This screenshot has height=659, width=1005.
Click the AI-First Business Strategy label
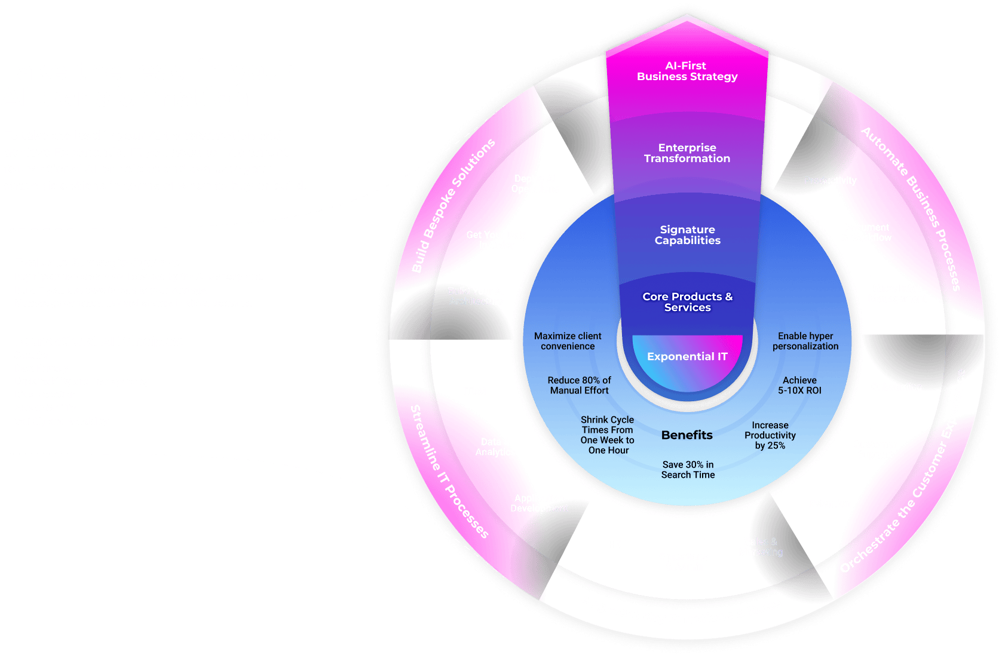687,71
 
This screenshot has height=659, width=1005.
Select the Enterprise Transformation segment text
687,153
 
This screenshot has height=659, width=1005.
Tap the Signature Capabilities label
687,235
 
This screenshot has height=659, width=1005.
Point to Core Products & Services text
687,302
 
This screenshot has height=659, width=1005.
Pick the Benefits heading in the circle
687,435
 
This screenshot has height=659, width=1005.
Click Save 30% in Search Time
688,469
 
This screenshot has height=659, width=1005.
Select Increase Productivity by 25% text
770,435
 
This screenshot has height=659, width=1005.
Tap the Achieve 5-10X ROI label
799,385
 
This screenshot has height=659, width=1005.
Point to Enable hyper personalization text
805,341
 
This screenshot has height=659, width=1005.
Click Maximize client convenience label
568,341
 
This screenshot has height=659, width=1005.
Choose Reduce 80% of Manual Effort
579,385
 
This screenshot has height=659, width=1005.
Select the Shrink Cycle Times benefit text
608,435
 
